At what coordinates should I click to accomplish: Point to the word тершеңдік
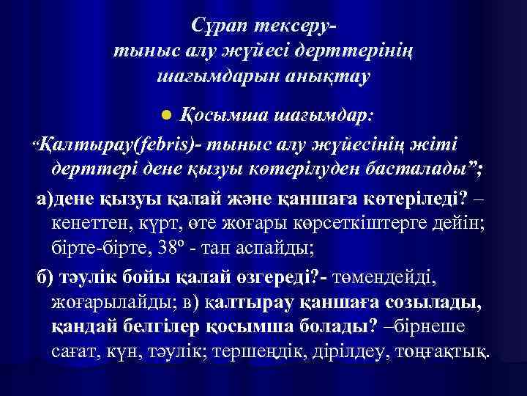pos(255,350)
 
